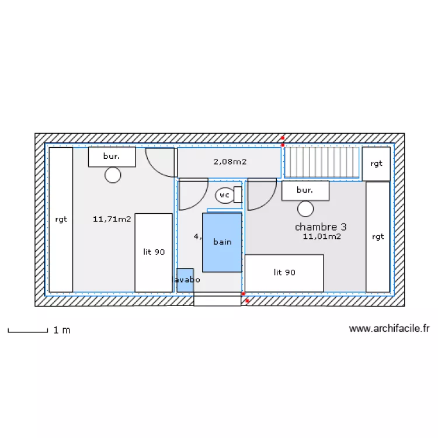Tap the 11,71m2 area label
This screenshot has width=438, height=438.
coord(112,220)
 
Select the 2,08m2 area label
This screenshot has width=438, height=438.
coord(230,162)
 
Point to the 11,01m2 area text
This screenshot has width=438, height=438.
coord(322,237)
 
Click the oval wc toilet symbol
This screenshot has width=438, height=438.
coord(224,195)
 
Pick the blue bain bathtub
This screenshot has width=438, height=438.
coord(222,242)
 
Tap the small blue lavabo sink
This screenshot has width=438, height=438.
coord(185,280)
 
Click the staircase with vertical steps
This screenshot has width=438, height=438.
coord(321,162)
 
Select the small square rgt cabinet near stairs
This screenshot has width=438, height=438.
coord(376,164)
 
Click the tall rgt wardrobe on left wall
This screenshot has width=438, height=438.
coord(61,220)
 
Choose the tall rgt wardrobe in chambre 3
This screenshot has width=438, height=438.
coord(377,237)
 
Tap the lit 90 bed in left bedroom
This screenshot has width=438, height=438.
coord(154,252)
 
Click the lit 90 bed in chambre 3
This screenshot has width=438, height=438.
coord(284,273)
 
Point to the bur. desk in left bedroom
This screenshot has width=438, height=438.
coord(112,157)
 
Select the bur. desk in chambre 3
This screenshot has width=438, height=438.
coord(305,190)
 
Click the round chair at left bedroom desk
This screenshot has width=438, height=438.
coord(113,175)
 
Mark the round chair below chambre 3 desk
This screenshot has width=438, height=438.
coord(305,208)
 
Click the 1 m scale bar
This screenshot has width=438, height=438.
coord(27,331)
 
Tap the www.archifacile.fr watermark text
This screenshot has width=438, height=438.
coord(389,329)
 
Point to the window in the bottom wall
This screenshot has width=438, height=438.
coord(217,300)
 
